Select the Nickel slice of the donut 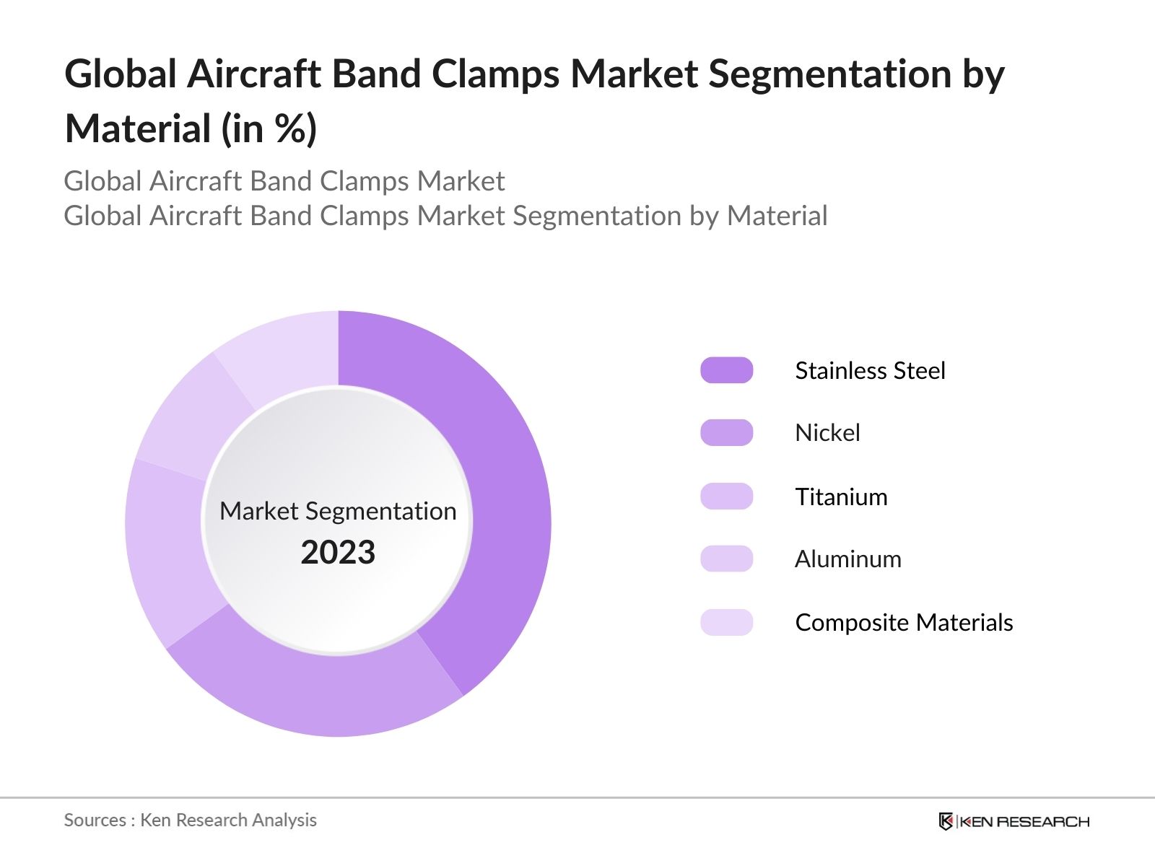click(318, 693)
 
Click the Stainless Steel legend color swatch click(726, 370)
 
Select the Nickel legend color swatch click(726, 433)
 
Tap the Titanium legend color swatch click(726, 497)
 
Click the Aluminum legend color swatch click(726, 559)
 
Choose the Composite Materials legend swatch click(726, 622)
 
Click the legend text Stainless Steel click(869, 371)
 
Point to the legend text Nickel click(827, 433)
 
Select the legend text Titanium click(841, 497)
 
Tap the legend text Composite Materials click(904, 623)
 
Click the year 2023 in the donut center click(338, 553)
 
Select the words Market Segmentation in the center click(338, 511)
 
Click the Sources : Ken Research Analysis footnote click(190, 821)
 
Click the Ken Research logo click(1014, 821)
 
